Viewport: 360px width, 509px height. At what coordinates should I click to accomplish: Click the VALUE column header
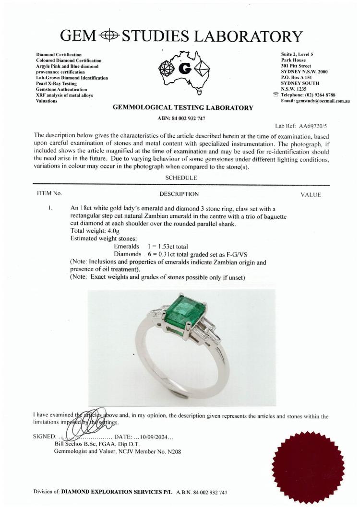pos(310,194)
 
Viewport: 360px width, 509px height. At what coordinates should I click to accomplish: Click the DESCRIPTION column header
pos(179,194)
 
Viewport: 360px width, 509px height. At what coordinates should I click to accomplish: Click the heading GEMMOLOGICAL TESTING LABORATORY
pos(182,108)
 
